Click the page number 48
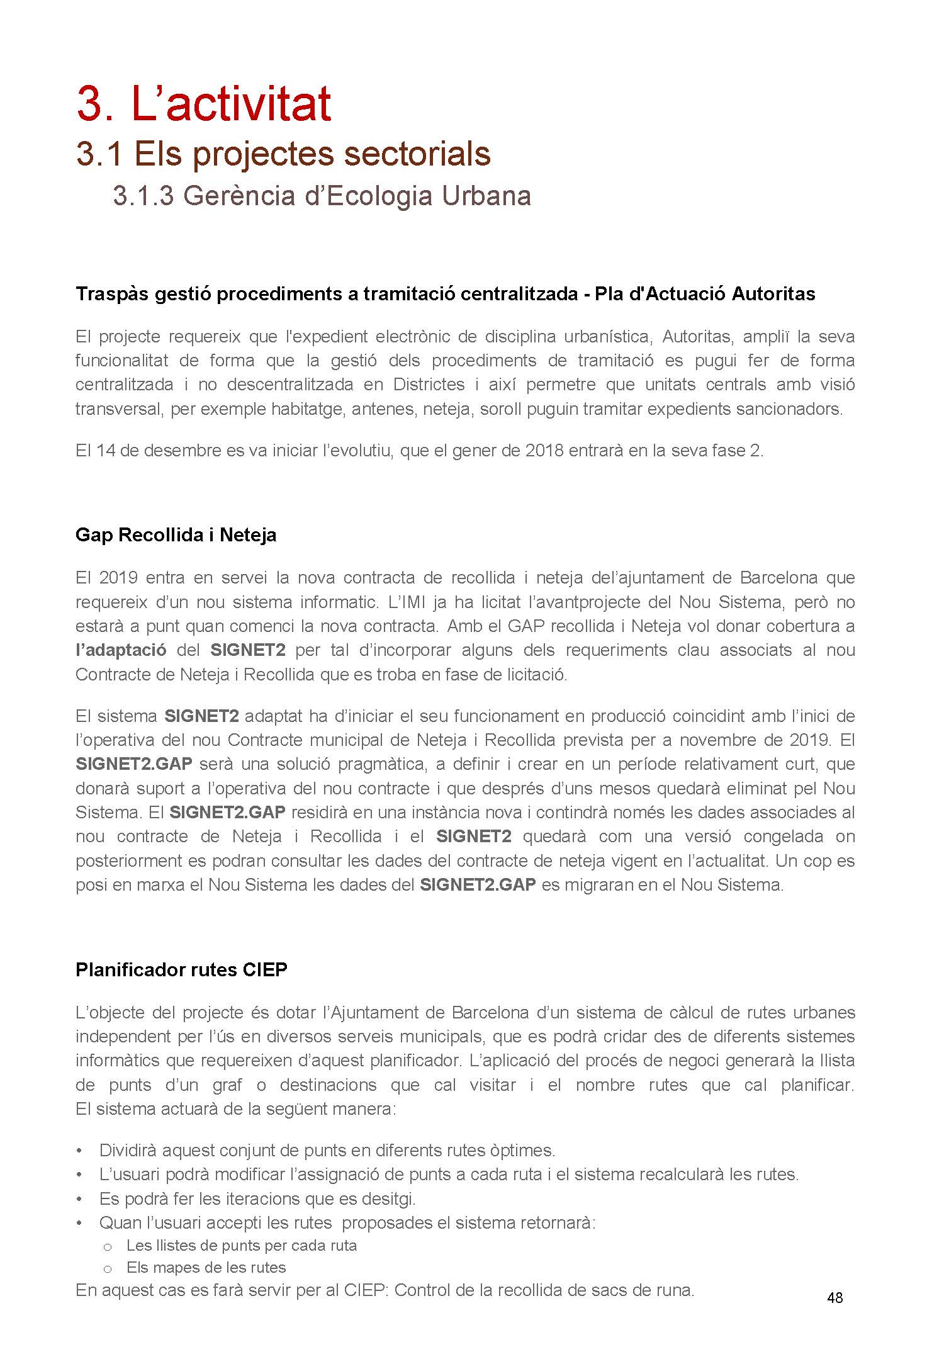tap(834, 1297)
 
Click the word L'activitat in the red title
tap(231, 104)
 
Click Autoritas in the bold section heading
tap(773, 294)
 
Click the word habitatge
tap(308, 409)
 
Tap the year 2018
tap(544, 451)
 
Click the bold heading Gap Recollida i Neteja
tap(176, 535)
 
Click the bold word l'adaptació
tap(121, 650)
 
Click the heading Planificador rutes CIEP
tap(181, 969)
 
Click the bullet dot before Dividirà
tap(79, 1151)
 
